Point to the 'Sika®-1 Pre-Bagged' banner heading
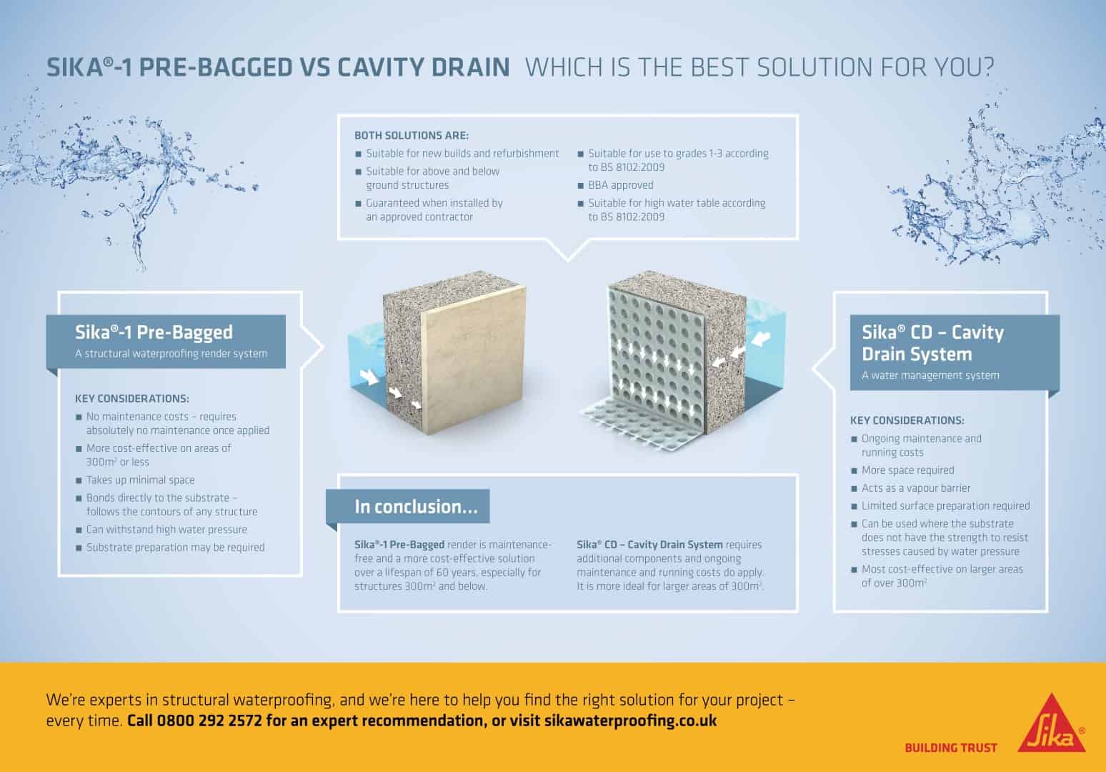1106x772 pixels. point(154,332)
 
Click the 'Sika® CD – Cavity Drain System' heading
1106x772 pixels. point(932,343)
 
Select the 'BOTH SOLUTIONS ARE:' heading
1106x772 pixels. point(412,135)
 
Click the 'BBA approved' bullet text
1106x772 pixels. point(620,185)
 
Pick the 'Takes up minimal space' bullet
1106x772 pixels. point(140,480)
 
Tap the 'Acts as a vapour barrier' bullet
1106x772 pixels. point(915,488)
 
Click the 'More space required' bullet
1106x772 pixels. point(907,470)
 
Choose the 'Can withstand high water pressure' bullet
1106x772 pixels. point(166,530)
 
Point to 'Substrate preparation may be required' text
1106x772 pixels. point(175,548)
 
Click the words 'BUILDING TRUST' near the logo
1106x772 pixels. point(950,748)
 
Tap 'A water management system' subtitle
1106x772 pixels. point(930,375)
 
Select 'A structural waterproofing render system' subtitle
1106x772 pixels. point(171,353)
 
